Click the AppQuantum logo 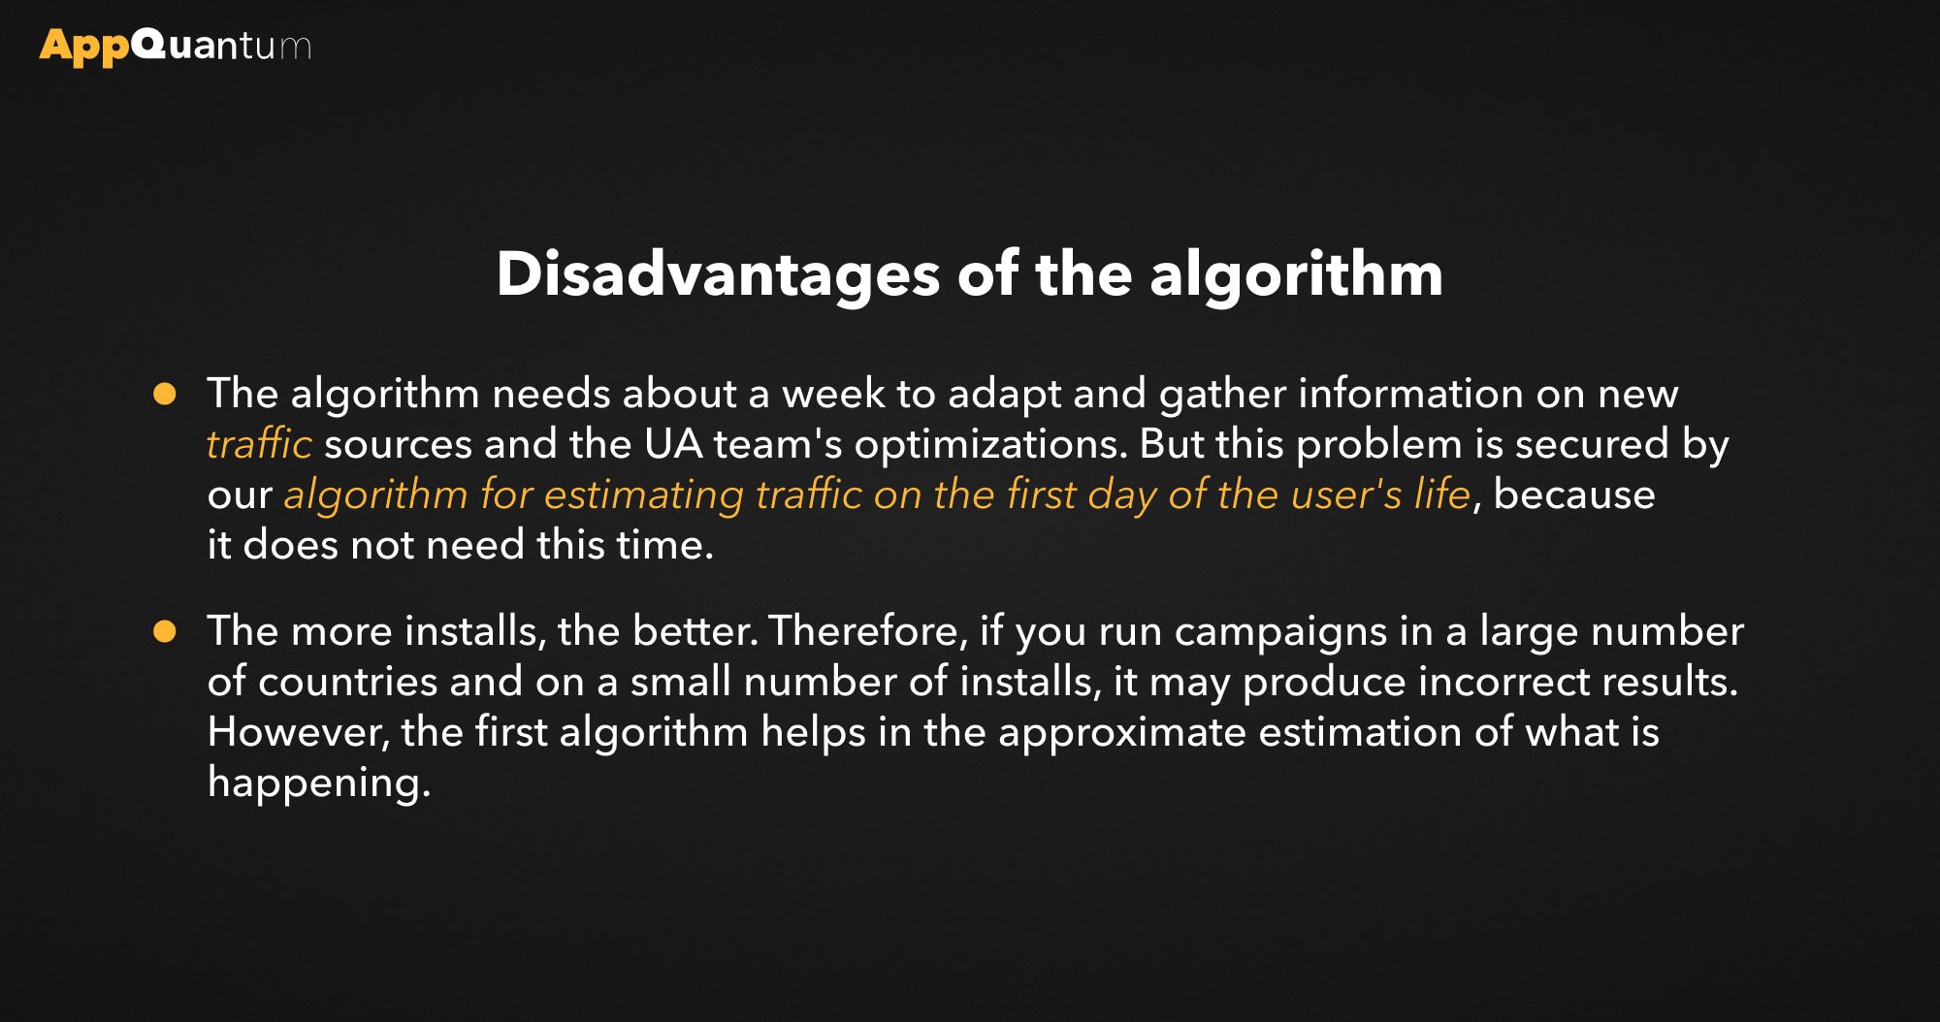point(176,47)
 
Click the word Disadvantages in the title point(718,275)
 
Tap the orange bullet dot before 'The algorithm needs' point(165,394)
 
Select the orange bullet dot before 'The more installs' point(165,631)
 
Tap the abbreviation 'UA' point(673,444)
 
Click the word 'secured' point(1592,444)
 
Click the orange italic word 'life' point(1442,495)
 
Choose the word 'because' point(1573,495)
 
